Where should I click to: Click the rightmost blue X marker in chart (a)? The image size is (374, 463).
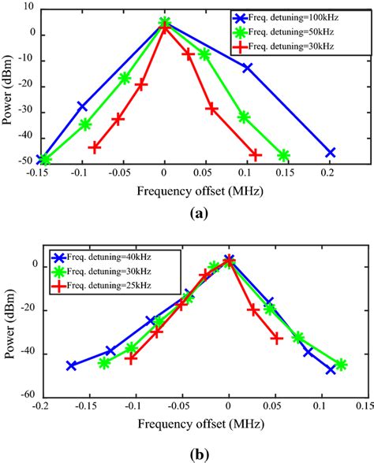point(331,153)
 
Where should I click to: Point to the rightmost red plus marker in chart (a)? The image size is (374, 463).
point(255,154)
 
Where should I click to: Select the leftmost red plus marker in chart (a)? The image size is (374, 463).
point(95,147)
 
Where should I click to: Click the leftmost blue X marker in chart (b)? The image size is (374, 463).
point(72,365)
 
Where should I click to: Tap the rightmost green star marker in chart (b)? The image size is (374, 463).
point(341,365)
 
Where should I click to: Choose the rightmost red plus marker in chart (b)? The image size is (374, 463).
point(277,338)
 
